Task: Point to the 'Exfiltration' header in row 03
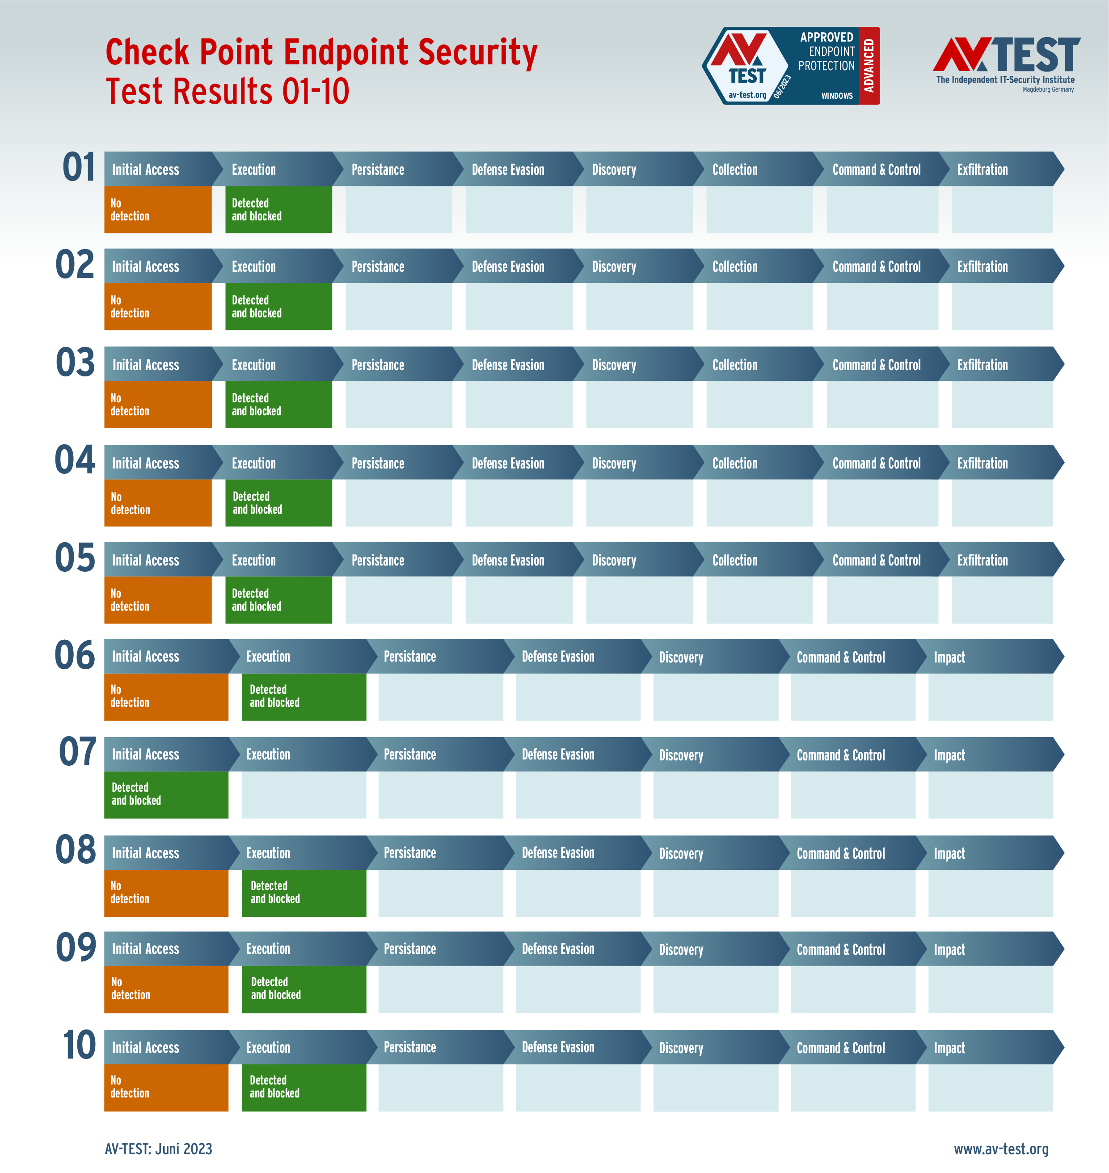click(982, 365)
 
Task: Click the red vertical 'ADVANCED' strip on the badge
click(869, 66)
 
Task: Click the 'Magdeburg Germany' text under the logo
click(1048, 90)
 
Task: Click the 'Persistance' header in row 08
click(409, 852)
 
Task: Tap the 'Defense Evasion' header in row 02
click(508, 266)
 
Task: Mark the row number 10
click(79, 1045)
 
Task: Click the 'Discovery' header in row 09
click(681, 949)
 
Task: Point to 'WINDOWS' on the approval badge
click(836, 96)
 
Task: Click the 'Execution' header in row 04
click(253, 463)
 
